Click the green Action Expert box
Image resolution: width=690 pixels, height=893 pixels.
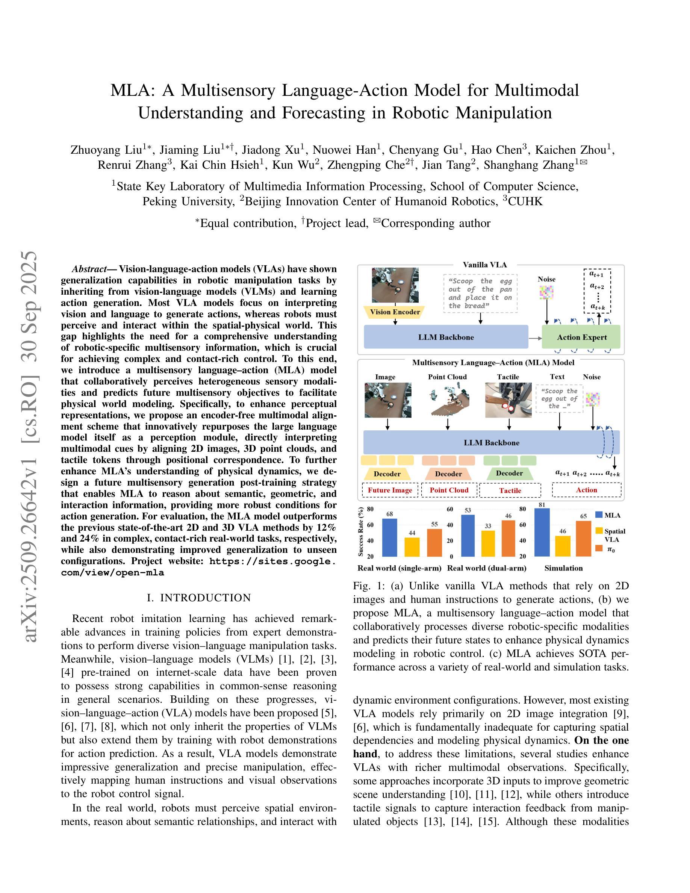[x=581, y=337]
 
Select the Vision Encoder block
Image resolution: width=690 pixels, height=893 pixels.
[x=395, y=312]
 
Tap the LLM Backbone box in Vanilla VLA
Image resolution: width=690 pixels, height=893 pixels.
[x=446, y=337]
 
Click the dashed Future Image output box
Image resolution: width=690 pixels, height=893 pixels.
[x=390, y=490]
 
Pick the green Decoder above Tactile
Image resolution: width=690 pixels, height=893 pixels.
[x=509, y=473]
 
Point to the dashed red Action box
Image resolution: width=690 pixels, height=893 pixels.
[x=586, y=490]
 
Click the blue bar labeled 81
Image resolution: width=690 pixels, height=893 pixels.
[x=542, y=532]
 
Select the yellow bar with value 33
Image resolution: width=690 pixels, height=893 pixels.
[x=488, y=543]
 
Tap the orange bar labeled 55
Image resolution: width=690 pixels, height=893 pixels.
[x=434, y=543]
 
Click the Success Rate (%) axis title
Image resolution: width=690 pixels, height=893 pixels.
[x=361, y=532]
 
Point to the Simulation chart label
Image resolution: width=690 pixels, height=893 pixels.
[x=563, y=568]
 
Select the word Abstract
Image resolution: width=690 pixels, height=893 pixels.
[x=89, y=269]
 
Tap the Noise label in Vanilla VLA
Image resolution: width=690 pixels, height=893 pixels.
[x=546, y=279]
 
